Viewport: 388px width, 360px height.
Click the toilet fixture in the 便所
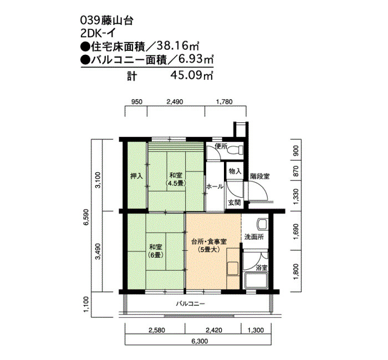pyautogui.click(x=236, y=150)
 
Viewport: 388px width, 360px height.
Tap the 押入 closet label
pyautogui.click(x=136, y=176)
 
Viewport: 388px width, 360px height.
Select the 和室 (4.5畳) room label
pyautogui.click(x=176, y=179)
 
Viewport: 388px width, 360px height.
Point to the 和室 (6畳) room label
pyautogui.click(x=156, y=251)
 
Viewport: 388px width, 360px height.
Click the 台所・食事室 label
pyautogui.click(x=209, y=241)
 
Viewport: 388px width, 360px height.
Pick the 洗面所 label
pyautogui.click(x=254, y=237)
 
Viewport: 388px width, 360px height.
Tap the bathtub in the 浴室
pyautogui.click(x=256, y=280)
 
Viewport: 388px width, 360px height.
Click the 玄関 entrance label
pyautogui.click(x=234, y=203)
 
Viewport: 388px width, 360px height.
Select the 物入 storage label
pyautogui.click(x=235, y=171)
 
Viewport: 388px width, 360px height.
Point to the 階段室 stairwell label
pyautogui.click(x=260, y=176)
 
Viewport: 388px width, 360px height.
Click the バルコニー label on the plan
pyautogui.click(x=190, y=304)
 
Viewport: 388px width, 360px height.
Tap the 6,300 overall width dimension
pyautogui.click(x=200, y=342)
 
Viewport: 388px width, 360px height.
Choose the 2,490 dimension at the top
pyautogui.click(x=175, y=101)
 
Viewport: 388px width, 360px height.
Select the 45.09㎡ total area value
pyautogui.click(x=192, y=75)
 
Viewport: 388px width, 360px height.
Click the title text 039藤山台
pyautogui.click(x=107, y=21)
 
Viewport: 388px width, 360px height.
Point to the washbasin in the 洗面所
pyautogui.click(x=262, y=224)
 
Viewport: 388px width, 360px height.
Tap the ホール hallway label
pyautogui.click(x=215, y=187)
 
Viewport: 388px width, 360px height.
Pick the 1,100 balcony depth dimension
pyautogui.click(x=86, y=305)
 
